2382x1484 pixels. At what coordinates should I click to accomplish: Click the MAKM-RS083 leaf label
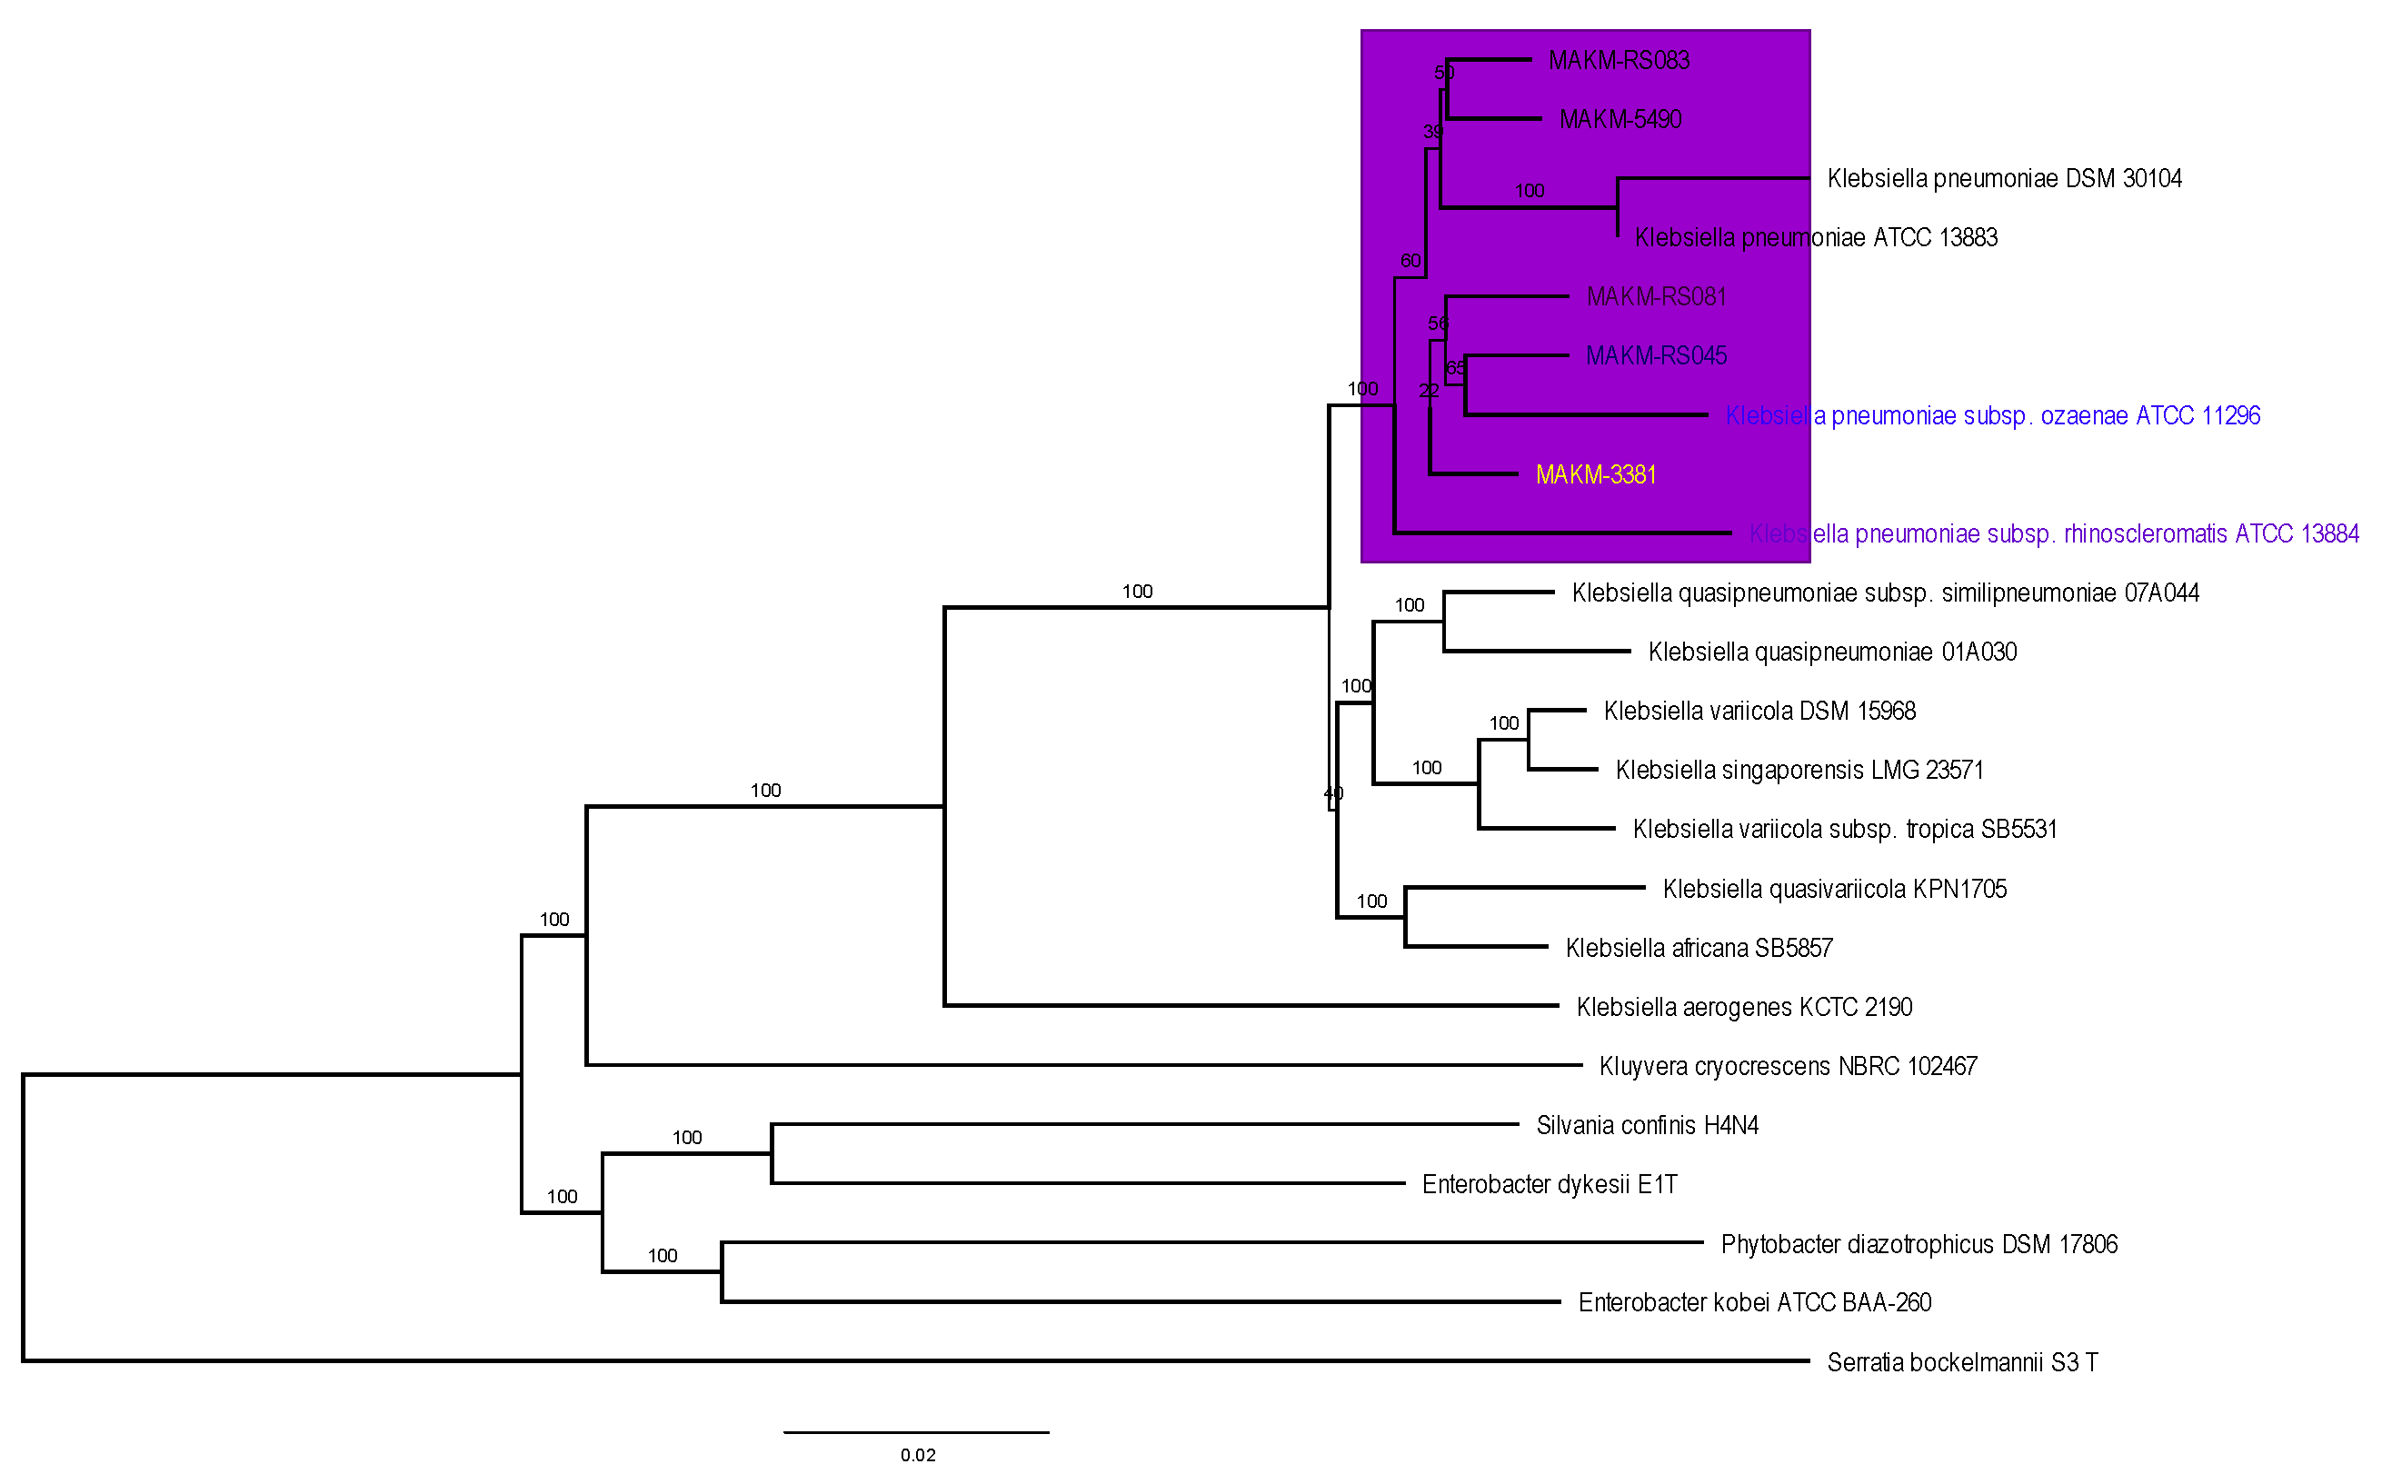click(x=1619, y=61)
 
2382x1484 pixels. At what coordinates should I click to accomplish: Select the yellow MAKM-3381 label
click(x=1596, y=475)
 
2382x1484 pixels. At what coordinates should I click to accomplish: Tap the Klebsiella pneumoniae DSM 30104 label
click(x=2004, y=179)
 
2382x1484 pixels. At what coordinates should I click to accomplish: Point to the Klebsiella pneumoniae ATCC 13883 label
click(x=1816, y=237)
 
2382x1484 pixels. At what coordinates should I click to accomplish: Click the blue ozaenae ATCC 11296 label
click(x=1992, y=416)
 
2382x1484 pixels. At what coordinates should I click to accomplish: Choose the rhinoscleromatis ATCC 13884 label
click(x=2054, y=534)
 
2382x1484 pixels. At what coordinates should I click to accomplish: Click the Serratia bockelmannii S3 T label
click(x=1962, y=1362)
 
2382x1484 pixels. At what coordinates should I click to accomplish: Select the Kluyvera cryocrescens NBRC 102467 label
click(x=1788, y=1067)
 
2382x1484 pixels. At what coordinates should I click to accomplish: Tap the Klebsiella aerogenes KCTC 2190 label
click(x=1744, y=1007)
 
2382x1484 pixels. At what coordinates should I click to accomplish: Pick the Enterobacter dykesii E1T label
click(x=1550, y=1185)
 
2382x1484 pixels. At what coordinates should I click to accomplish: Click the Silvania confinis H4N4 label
click(x=1647, y=1126)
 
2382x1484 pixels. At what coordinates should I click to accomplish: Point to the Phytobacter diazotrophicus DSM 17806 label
click(x=1919, y=1244)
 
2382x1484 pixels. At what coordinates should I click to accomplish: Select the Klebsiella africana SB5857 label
click(x=1699, y=948)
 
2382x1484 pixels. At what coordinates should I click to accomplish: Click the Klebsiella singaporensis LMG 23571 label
click(x=1799, y=771)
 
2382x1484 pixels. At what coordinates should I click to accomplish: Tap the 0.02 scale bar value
click(x=918, y=1456)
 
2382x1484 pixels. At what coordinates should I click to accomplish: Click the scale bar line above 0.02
click(x=916, y=1433)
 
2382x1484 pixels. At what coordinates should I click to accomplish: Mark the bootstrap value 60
click(x=1410, y=261)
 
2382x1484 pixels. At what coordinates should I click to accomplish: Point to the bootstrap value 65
click(x=1456, y=368)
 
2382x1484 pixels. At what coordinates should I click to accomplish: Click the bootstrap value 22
click(x=1428, y=391)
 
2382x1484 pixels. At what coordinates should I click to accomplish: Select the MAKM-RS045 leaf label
click(x=1656, y=356)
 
